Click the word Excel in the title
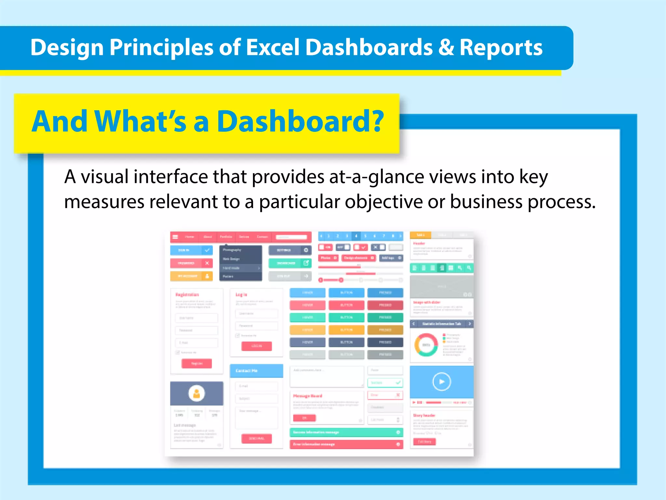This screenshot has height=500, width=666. (272, 48)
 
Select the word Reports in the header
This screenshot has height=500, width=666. (501, 48)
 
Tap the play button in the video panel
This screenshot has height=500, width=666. (441, 382)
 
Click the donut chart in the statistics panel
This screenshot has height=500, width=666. (426, 345)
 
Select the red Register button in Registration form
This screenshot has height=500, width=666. (197, 363)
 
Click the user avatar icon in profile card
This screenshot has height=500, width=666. (196, 393)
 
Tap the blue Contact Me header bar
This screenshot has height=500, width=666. (256, 371)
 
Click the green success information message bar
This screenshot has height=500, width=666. (346, 432)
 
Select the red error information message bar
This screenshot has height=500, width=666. (346, 444)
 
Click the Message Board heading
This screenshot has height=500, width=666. (307, 396)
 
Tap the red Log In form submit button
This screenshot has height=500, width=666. (256, 346)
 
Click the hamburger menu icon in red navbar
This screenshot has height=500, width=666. (175, 237)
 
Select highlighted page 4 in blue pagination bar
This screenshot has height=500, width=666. (356, 236)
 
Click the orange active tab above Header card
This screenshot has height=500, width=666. (420, 235)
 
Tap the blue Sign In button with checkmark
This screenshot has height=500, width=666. (191, 250)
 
